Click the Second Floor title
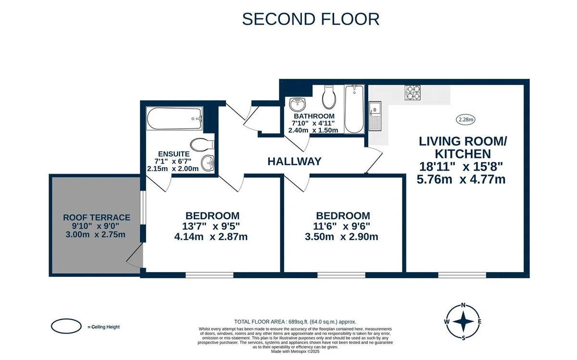coord(311,19)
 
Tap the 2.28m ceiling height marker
coord(465,120)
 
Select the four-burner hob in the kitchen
coord(413,93)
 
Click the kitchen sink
coord(375,116)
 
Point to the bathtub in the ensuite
coord(175,118)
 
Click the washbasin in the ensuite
coord(208,163)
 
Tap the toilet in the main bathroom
coord(329,97)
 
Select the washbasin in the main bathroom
coord(297,104)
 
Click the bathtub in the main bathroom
coord(354,109)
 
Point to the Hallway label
coord(294,161)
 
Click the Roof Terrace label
coord(97,217)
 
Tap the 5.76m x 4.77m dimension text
coord(461,179)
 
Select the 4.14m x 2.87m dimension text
coord(211,236)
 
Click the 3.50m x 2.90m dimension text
coord(341,236)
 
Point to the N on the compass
coord(463,305)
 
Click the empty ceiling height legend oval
coord(66,326)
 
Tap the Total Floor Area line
coord(295,322)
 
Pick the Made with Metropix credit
coord(295,351)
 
